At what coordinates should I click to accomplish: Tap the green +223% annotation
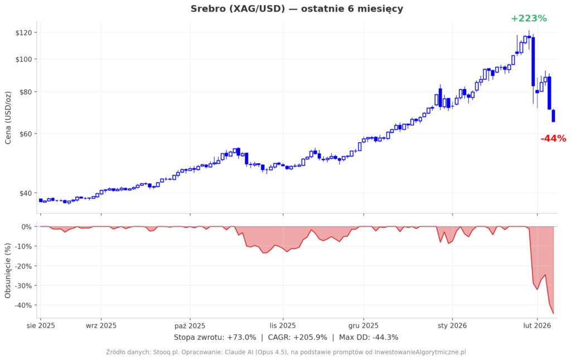[529, 18]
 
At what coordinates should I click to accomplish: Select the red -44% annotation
[553, 139]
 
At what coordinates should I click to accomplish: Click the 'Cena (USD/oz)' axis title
[8, 117]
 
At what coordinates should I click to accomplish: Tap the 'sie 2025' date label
[40, 325]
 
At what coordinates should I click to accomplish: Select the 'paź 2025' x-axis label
[190, 325]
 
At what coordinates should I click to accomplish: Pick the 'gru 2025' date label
[364, 325]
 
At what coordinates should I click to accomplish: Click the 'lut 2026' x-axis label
[537, 325]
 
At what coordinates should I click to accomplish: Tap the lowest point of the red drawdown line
[554, 314]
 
